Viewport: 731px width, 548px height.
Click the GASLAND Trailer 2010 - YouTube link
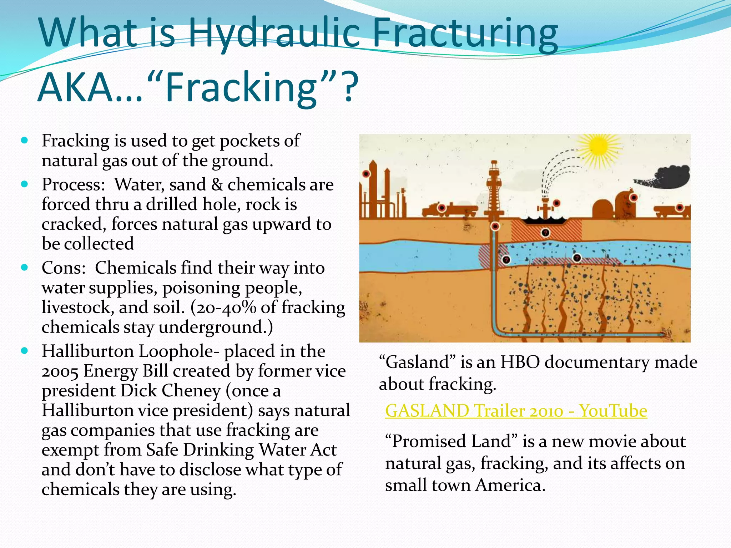coord(516,411)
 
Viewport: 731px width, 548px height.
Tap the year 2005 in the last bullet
coord(60,371)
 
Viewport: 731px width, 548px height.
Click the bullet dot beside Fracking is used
coord(24,140)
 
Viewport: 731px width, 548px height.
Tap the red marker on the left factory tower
coord(366,174)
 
